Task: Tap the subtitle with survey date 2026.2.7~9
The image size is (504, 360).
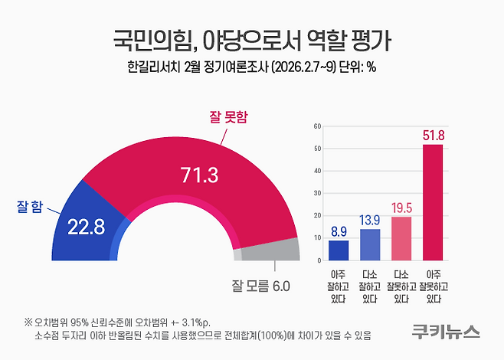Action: [x=251, y=66]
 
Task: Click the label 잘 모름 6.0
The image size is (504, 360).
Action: [x=260, y=286]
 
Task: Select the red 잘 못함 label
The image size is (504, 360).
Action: [x=230, y=116]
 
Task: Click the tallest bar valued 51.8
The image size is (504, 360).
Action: [x=433, y=203]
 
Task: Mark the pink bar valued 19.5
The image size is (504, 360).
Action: [x=401, y=239]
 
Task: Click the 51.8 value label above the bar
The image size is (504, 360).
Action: [x=433, y=136]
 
